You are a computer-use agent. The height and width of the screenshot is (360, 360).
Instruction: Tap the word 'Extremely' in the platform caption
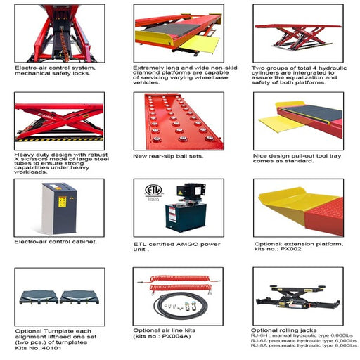147,67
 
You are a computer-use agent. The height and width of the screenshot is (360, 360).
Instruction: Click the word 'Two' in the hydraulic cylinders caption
259,67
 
